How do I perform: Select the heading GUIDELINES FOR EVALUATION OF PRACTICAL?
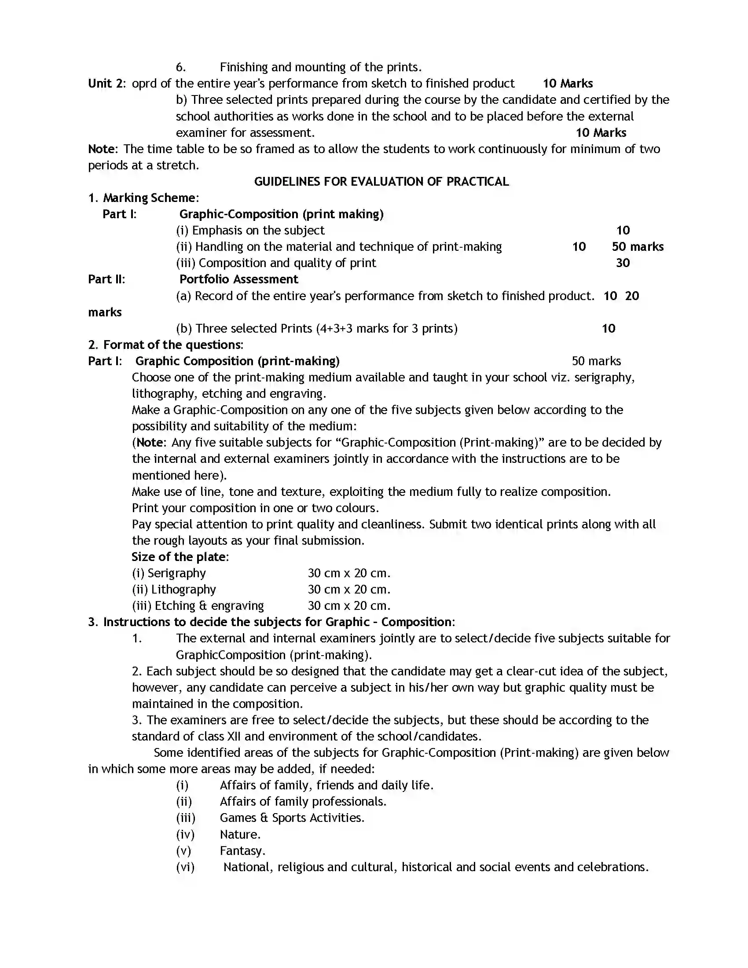point(381,182)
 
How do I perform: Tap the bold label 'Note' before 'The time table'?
point(102,149)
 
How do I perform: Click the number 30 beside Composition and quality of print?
point(623,263)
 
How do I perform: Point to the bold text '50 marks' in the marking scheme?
point(637,247)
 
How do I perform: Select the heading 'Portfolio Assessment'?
point(238,279)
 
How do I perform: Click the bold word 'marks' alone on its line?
point(105,312)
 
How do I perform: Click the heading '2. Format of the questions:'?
point(166,345)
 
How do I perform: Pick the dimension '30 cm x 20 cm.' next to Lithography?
point(349,590)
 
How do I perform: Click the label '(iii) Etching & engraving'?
point(198,606)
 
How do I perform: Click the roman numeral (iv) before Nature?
point(185,835)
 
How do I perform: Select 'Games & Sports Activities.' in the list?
point(292,818)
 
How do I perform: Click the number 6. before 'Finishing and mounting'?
point(180,67)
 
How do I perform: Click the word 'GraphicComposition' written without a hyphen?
point(231,655)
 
